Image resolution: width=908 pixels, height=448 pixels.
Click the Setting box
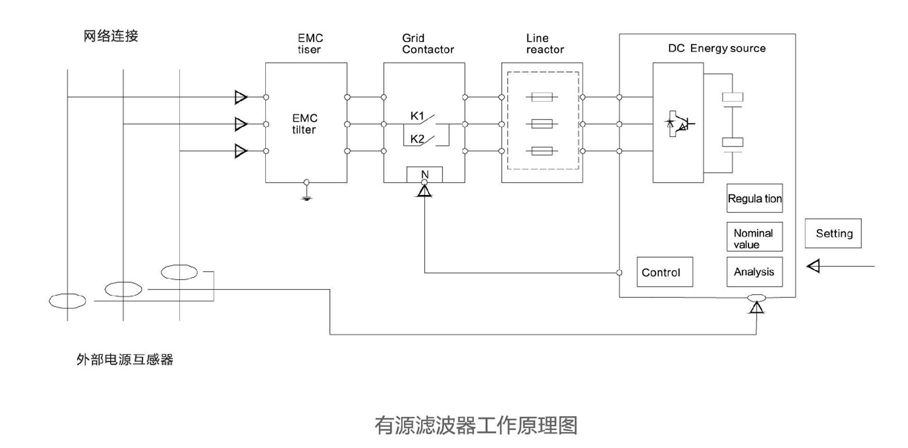[833, 233]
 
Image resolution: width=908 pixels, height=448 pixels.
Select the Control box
[664, 272]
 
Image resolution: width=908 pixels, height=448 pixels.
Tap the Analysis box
[754, 272]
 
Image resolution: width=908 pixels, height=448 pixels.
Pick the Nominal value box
[754, 237]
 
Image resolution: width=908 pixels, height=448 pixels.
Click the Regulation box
[754, 198]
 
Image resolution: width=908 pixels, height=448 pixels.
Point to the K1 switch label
[417, 116]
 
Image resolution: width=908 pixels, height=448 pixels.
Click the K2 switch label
[417, 139]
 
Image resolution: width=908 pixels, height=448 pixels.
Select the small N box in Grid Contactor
[425, 174]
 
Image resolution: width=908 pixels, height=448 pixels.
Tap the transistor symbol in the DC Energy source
[680, 124]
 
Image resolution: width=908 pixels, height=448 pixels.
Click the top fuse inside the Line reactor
[541, 97]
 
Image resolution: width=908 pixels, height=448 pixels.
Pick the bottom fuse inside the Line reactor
[541, 151]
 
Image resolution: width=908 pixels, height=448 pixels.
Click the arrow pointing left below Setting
[813, 266]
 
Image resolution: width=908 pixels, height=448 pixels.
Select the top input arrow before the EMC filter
[241, 97]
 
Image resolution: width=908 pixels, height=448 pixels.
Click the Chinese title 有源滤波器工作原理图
[476, 425]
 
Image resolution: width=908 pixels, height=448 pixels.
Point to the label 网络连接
[111, 36]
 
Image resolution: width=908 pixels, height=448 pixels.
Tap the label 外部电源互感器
[125, 360]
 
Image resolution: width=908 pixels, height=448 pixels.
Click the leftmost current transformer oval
[68, 301]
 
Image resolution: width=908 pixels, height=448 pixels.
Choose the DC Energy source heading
[716, 48]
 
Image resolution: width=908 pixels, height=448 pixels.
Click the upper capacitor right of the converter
[732, 97]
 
